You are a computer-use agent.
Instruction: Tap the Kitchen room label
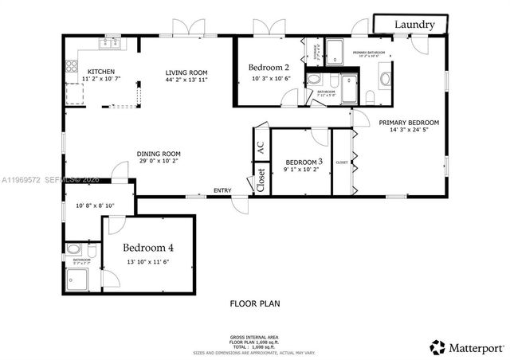tap(103, 69)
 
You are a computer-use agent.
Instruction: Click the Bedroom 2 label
tap(269, 67)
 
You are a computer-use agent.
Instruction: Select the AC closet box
tap(260, 148)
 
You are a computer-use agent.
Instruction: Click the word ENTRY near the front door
tap(222, 190)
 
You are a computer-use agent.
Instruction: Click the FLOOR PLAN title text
tap(255, 303)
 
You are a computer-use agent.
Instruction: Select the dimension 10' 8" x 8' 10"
tap(95, 206)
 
